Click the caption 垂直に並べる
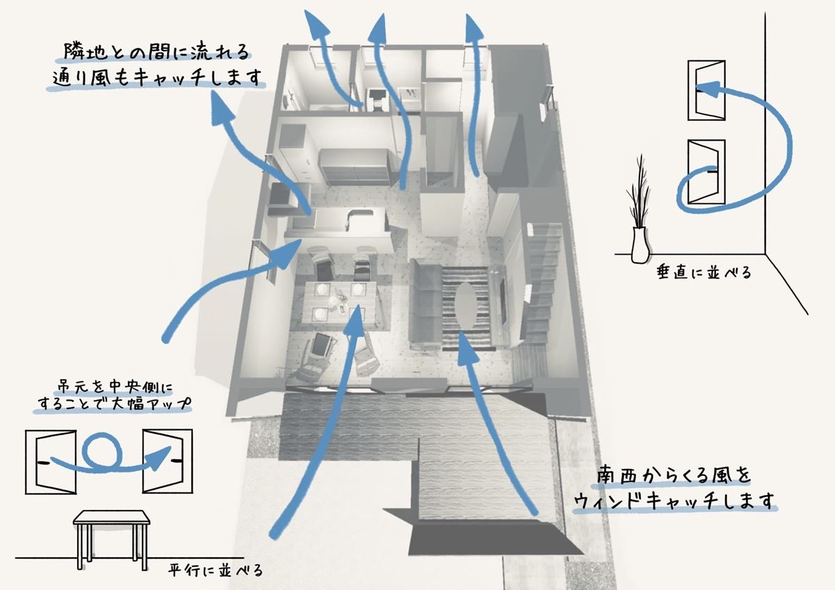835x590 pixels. pos(703,272)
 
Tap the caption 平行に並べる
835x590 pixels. pos(216,572)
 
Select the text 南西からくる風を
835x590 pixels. pos(675,476)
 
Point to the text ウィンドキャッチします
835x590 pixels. pos(675,501)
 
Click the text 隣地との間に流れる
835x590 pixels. pos(154,51)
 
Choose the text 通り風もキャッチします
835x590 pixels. pos(159,78)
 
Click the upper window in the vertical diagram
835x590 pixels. pos(706,89)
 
